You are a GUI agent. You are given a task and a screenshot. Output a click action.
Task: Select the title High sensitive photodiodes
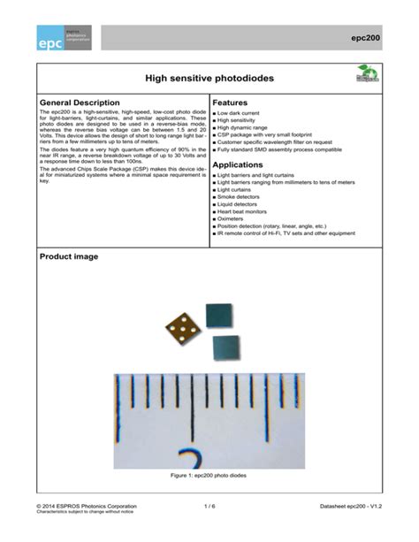[209, 80]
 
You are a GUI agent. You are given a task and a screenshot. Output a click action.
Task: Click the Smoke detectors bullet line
[241, 196]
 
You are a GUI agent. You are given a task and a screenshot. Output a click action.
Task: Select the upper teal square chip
[217, 314]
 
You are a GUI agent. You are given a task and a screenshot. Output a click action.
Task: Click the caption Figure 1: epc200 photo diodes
[209, 476]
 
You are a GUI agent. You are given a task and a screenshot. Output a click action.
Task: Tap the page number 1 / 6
[209, 507]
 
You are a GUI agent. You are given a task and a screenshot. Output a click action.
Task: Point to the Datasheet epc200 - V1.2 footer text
[352, 507]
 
